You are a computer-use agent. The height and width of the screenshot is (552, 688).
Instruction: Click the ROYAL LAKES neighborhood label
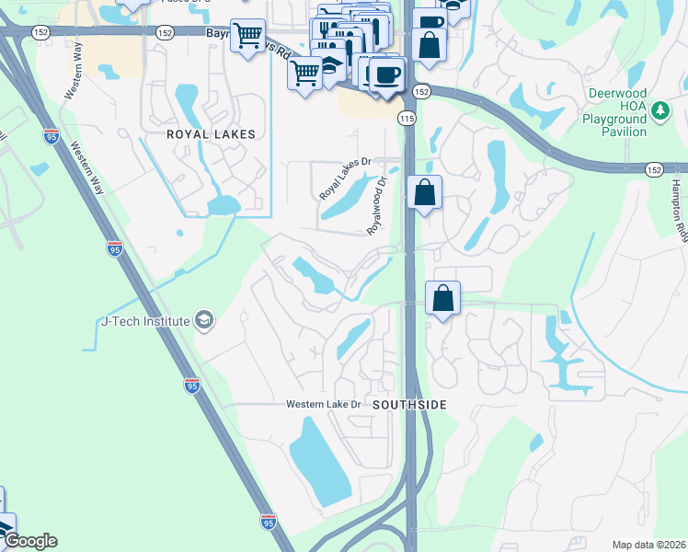210,134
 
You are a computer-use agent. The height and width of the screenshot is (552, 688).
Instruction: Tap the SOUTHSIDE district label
409,405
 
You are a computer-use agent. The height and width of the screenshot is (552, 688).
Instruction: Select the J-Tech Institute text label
144,321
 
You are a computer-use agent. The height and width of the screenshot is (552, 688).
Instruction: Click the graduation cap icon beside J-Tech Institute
204,321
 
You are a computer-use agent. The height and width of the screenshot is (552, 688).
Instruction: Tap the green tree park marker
659,111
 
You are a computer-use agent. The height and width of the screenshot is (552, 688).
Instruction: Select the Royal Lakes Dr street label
344,178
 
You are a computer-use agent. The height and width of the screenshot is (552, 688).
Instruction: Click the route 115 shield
407,119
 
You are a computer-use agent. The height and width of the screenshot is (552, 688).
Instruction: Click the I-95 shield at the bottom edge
268,522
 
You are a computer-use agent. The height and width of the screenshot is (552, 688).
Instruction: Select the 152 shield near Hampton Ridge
653,170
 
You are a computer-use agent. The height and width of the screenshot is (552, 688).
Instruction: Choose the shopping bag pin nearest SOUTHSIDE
443,298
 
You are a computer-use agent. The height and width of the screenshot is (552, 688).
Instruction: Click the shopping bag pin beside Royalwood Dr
424,192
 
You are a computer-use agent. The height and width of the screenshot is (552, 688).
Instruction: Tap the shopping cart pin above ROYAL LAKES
247,37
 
